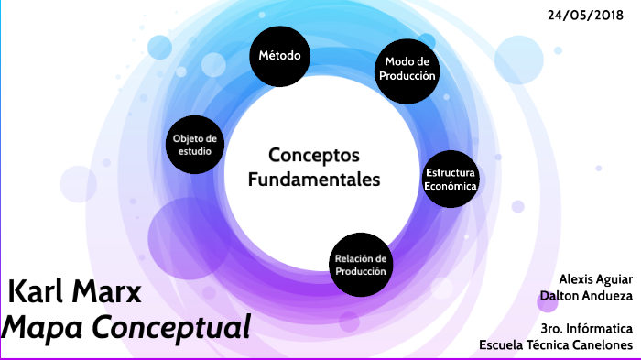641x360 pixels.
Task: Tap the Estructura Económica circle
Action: [x=451, y=179]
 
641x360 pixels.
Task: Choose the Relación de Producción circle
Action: [x=362, y=265]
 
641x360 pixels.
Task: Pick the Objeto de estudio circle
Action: [x=196, y=145]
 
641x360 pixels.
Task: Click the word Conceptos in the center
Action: [x=313, y=155]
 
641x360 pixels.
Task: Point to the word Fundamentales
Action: [x=313, y=179]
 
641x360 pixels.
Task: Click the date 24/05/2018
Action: [x=586, y=16]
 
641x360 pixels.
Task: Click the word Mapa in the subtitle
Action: [x=46, y=327]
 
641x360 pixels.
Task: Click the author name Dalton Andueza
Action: [x=587, y=295]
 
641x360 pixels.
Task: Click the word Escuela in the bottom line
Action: [x=502, y=344]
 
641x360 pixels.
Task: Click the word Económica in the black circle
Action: [x=451, y=186]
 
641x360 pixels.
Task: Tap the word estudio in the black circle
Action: [x=196, y=151]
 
